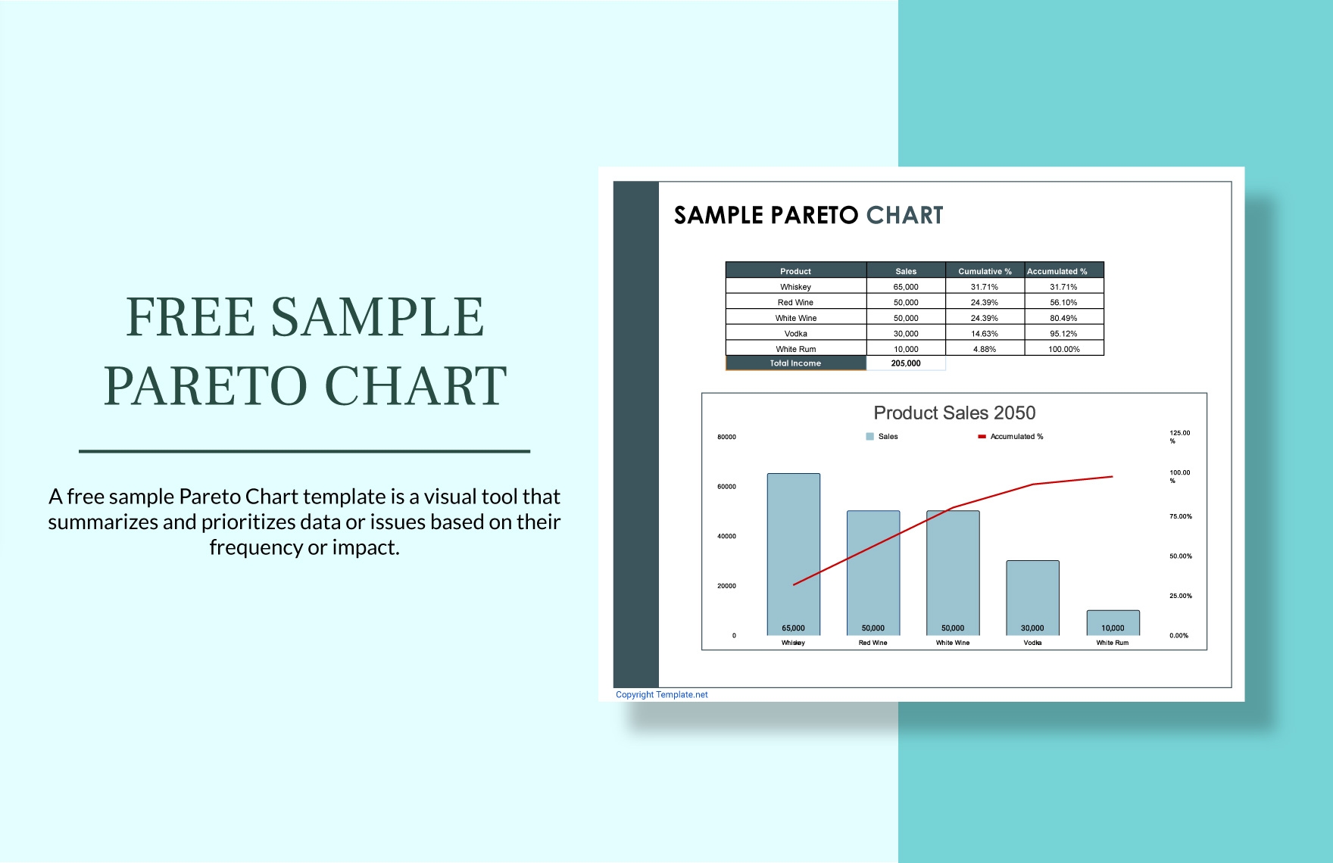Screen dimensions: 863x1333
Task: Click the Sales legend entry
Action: [x=882, y=437]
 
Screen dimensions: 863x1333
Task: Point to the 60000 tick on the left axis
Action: [x=726, y=487]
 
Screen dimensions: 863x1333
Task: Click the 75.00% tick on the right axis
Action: [x=1180, y=516]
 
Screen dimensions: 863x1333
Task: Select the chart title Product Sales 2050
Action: [x=954, y=413]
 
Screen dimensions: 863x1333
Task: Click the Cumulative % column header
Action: [x=985, y=271]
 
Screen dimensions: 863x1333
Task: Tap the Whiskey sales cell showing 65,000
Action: [x=906, y=287]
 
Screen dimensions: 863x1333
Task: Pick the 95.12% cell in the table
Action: [x=1063, y=333]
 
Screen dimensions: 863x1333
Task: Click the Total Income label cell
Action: [x=795, y=363]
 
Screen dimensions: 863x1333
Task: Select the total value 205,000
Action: [x=906, y=363]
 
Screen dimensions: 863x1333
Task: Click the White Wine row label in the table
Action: [x=795, y=318]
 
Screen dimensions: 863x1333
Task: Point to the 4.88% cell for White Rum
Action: [x=985, y=349]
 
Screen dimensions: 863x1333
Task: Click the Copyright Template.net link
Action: [x=661, y=694]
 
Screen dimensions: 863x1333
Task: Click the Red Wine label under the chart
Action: [x=873, y=643]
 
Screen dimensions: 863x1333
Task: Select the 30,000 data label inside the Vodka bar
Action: [x=1032, y=628]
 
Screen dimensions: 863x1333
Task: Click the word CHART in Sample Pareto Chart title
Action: [x=904, y=216]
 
